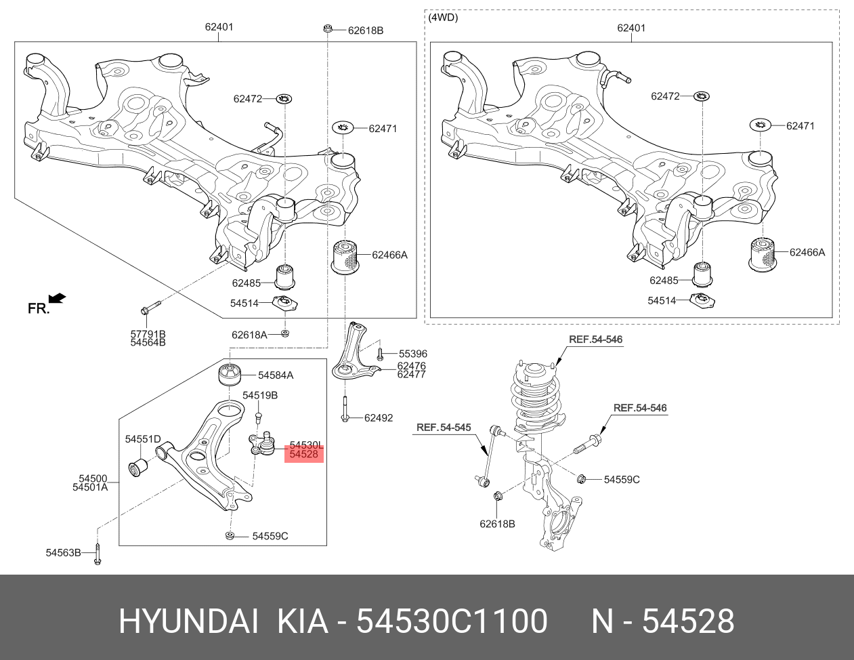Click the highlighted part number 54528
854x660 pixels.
coord(303,455)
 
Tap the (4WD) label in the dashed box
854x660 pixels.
coord(444,18)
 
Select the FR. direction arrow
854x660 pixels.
coord(58,297)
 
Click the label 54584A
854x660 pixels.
coord(276,375)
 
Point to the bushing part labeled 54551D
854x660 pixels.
coord(139,468)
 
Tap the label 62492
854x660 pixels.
coord(378,418)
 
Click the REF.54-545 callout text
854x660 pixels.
coord(443,428)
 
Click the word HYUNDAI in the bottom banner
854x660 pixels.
coord(188,621)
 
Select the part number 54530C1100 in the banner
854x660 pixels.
coord(452,621)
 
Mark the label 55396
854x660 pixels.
coord(412,354)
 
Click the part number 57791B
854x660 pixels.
coord(148,334)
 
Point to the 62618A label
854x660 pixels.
coord(249,335)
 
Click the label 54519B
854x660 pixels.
coord(260,395)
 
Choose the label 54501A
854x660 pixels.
coord(90,487)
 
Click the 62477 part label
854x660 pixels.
coord(411,375)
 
